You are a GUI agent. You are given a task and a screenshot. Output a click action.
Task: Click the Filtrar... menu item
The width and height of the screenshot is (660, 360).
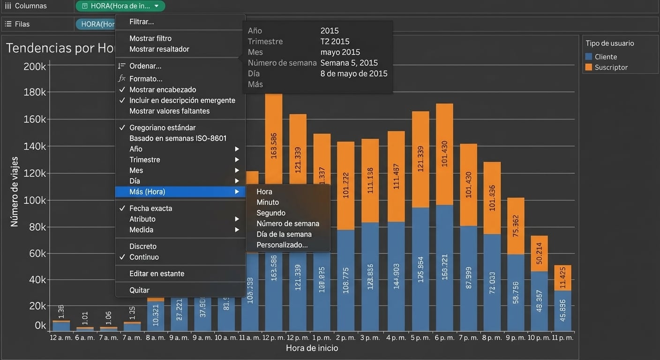142,22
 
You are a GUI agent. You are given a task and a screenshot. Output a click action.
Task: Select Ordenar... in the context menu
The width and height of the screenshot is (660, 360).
145,66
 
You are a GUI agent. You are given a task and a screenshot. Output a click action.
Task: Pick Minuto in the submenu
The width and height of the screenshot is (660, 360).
268,202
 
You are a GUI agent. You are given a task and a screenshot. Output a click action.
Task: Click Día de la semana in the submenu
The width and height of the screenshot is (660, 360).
284,234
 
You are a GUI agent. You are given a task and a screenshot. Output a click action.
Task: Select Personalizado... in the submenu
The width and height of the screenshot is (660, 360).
282,245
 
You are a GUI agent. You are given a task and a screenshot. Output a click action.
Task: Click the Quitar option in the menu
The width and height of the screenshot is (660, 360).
139,290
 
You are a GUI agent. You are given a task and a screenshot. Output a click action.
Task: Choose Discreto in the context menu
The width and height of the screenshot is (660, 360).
143,247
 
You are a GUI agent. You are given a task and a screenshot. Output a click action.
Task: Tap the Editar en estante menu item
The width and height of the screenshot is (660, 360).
157,274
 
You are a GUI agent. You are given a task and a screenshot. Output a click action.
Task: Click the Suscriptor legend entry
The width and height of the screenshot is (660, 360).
611,67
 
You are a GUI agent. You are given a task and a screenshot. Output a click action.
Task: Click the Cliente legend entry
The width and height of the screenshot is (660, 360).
606,57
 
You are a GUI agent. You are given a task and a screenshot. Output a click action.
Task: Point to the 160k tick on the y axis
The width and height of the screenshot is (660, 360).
34,120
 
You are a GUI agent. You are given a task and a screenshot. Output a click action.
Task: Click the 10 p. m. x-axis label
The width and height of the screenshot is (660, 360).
538,337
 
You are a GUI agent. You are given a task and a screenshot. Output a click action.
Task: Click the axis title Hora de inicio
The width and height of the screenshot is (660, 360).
312,348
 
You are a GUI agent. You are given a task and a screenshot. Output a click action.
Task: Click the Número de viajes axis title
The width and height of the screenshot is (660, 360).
15,192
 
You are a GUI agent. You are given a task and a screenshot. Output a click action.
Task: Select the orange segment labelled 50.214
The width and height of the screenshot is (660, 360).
539,254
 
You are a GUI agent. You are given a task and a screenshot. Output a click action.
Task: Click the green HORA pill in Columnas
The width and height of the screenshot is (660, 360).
120,6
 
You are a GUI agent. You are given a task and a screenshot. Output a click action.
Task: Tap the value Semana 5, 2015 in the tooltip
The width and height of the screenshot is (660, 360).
349,63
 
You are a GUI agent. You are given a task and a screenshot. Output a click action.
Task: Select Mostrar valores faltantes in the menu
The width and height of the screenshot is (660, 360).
169,111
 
